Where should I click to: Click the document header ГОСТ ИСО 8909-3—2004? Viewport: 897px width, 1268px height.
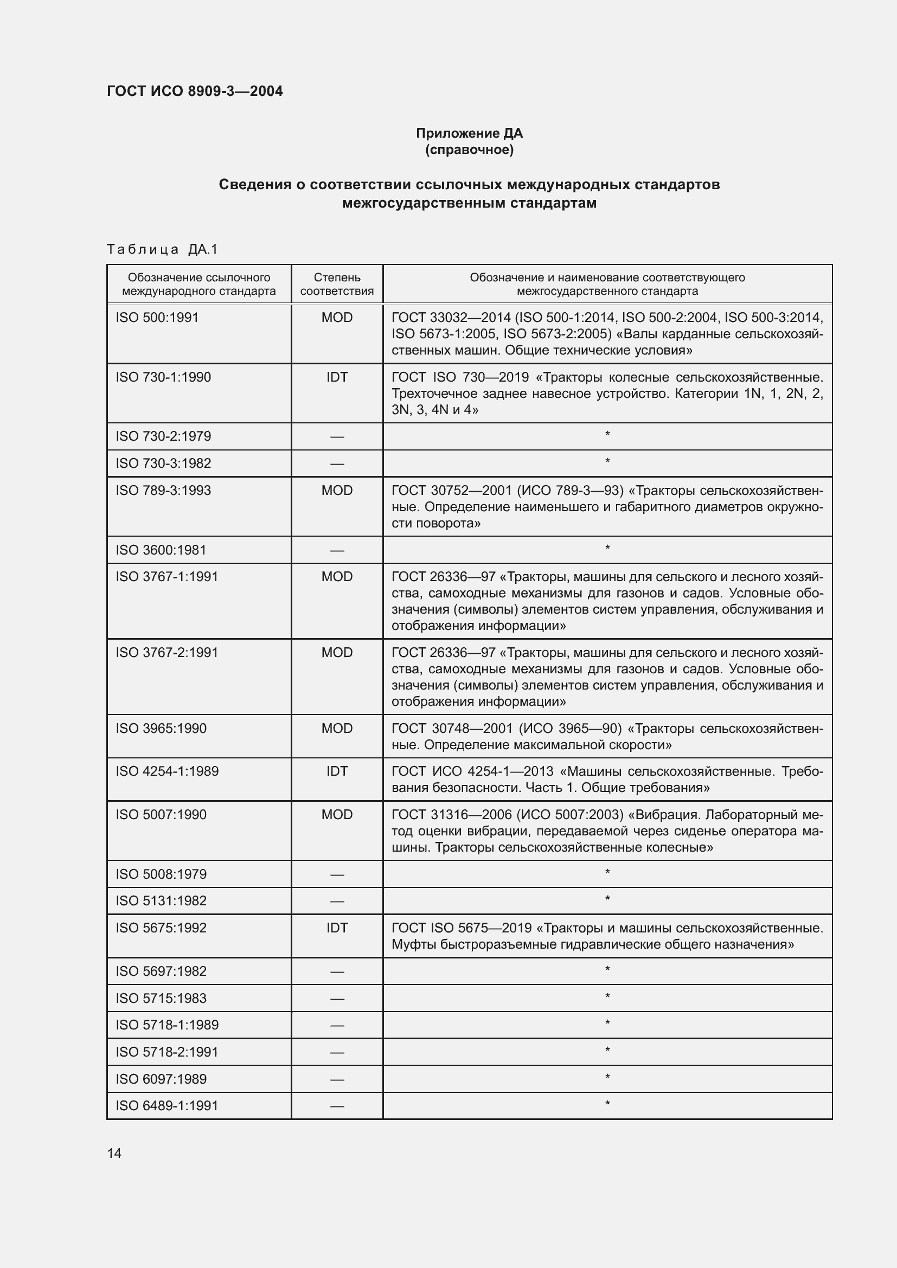(x=195, y=91)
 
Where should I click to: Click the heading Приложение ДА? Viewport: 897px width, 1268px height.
(x=469, y=133)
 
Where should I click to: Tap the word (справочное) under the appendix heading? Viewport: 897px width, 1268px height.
(x=469, y=150)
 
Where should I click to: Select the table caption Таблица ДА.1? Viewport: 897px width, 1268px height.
(x=162, y=249)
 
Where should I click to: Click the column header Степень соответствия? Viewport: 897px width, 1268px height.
(x=336, y=284)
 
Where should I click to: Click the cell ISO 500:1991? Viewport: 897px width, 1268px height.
(x=157, y=318)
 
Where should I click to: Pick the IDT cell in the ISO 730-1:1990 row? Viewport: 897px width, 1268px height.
(x=336, y=377)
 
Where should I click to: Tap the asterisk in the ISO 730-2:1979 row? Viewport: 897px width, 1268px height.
(x=607, y=435)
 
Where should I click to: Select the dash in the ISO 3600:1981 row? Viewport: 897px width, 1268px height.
(x=336, y=551)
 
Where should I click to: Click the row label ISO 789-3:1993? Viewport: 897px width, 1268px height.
(x=163, y=491)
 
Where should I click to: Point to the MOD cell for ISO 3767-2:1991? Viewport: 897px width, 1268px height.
(x=336, y=652)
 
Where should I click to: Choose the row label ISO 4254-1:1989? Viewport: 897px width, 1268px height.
(x=167, y=771)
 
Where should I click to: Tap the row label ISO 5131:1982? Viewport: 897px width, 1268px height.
(x=161, y=901)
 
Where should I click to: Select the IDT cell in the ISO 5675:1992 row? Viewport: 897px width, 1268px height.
(x=336, y=928)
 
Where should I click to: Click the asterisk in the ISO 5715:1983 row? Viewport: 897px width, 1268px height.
(x=607, y=997)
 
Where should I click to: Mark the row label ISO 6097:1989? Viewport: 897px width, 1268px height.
(x=161, y=1079)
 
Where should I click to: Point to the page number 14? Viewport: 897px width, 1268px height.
(x=114, y=1153)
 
